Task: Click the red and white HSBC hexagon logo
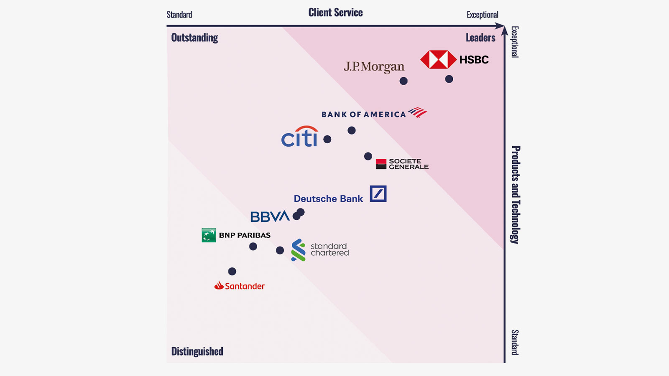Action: [438, 60]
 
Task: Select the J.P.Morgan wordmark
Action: [374, 66]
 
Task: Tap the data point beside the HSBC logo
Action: [449, 79]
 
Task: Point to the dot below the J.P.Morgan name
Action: [403, 81]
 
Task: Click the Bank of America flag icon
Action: [417, 112]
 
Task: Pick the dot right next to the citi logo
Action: [327, 140]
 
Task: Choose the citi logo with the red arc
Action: [299, 137]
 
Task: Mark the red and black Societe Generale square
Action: [381, 164]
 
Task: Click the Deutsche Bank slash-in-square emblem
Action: [378, 194]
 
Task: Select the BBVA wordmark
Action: [270, 216]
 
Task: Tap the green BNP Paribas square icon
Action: [209, 235]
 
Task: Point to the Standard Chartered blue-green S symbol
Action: [299, 250]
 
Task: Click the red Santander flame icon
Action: [219, 286]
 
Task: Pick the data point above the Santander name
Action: [232, 272]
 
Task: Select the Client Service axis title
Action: [335, 13]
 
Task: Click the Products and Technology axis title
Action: [516, 195]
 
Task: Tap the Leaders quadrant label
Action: [480, 38]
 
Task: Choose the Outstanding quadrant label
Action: [194, 38]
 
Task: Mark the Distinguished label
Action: [197, 351]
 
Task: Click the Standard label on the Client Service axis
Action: [179, 15]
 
